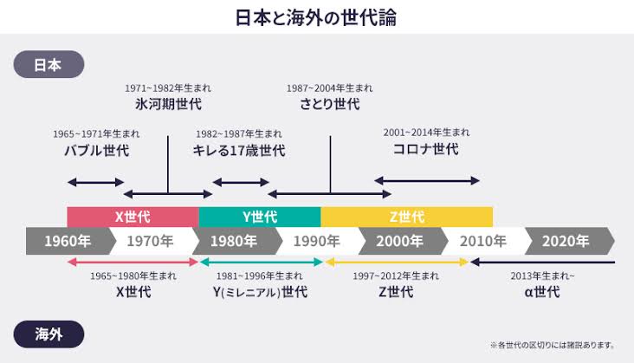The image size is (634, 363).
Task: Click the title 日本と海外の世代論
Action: coord(316,17)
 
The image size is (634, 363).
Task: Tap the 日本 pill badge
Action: coord(49,64)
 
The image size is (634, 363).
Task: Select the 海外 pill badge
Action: coord(49,334)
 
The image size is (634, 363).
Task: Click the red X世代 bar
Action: coord(133,217)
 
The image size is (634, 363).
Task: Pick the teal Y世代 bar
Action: coord(260,217)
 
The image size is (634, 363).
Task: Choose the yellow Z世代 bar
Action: coord(407,217)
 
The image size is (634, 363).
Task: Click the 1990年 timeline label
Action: coord(316,242)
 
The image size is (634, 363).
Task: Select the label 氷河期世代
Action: coord(168,104)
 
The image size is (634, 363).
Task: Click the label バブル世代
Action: coord(97,151)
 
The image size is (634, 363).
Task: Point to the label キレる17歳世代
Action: coord(239,151)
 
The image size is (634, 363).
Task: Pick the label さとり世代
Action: coord(329,104)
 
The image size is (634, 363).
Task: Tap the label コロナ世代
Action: coord(426,149)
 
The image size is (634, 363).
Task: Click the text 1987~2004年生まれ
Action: coord(329,88)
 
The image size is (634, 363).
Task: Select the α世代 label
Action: coord(542,292)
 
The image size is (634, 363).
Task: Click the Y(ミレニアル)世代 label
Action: coord(260,292)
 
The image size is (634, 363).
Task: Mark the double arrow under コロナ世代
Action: coord(427,181)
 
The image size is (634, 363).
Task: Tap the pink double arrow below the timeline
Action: coord(133,262)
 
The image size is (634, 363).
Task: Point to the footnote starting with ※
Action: coord(553,345)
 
